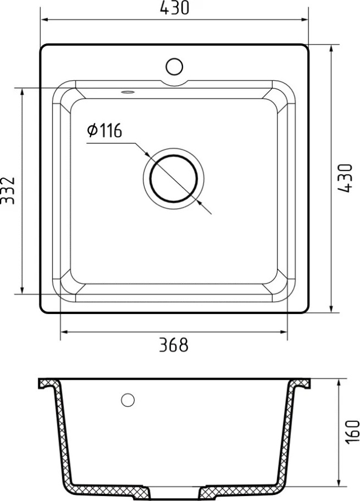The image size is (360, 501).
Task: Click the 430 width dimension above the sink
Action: pyautogui.click(x=174, y=8)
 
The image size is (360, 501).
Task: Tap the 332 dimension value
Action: pyautogui.click(x=8, y=190)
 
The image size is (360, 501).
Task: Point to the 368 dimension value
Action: pyautogui.click(x=174, y=345)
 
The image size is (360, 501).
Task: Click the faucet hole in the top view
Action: pyautogui.click(x=174, y=66)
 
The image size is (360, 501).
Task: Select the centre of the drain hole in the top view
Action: pyautogui.click(x=174, y=178)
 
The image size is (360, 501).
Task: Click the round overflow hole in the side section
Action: pyautogui.click(x=128, y=399)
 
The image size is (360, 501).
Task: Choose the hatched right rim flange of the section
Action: pyautogui.click(x=300, y=384)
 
